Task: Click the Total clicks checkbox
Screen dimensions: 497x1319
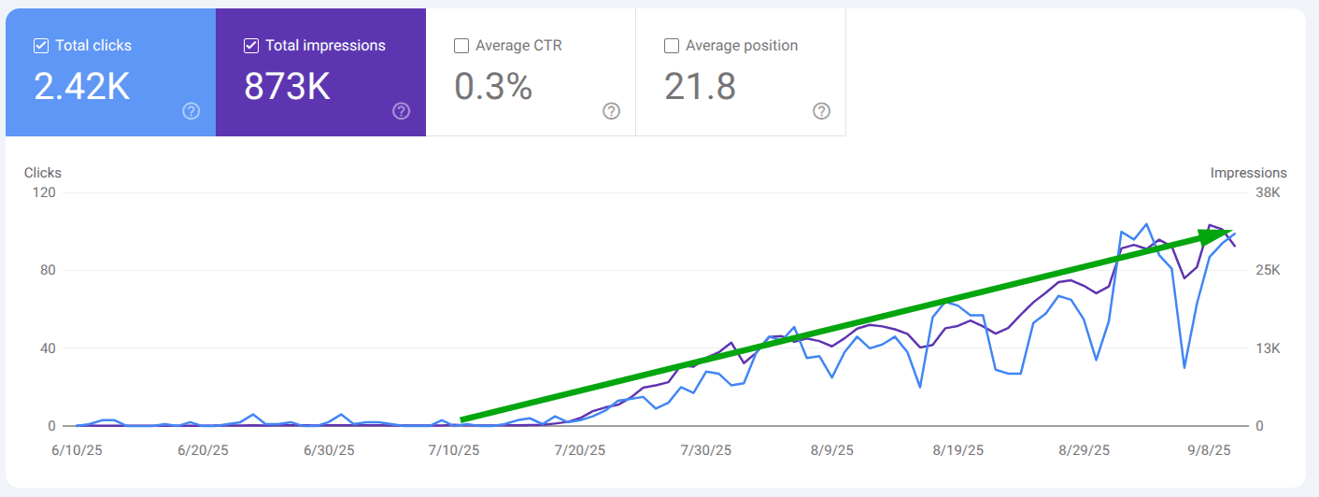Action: click(x=41, y=46)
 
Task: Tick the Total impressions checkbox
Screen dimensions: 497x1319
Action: click(x=251, y=46)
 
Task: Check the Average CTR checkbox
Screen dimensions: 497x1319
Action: click(x=461, y=46)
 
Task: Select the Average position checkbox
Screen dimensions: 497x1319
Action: click(x=672, y=46)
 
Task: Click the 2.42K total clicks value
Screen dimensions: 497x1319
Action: click(x=82, y=87)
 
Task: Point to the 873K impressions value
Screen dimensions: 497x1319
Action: click(x=287, y=87)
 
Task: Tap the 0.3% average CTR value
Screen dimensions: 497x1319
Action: click(x=493, y=87)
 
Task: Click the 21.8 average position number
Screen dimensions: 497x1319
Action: click(x=700, y=87)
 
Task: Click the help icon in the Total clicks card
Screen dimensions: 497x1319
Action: click(x=191, y=111)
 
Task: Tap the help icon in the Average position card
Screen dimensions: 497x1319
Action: click(x=821, y=111)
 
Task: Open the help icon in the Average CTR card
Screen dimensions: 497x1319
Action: click(x=611, y=111)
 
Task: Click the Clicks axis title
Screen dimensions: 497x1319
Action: click(x=43, y=173)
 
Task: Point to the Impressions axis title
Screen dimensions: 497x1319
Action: click(x=1248, y=173)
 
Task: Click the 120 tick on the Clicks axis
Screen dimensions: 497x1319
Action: click(x=45, y=192)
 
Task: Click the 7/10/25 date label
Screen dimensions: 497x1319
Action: click(x=454, y=450)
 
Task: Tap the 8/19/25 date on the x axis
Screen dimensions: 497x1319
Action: click(x=958, y=450)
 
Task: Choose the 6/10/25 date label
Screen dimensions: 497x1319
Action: click(x=76, y=450)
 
